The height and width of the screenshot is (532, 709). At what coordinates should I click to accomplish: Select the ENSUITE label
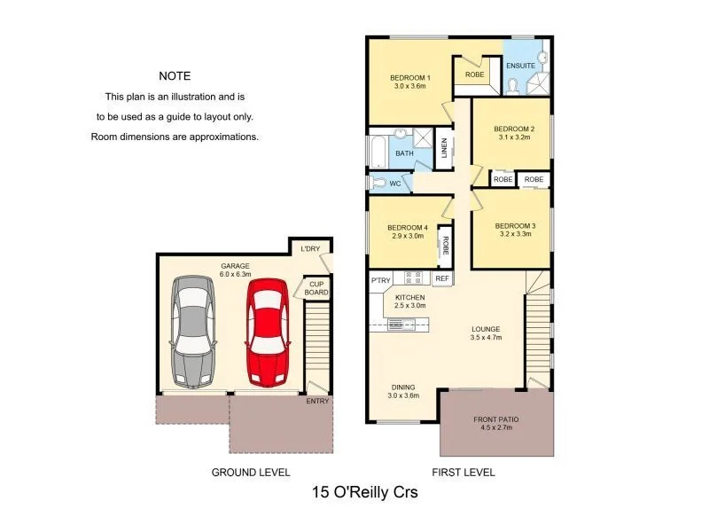point(519,65)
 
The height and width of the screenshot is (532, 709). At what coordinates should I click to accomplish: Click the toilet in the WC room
point(379,184)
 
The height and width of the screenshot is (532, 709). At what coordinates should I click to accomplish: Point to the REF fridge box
point(442,278)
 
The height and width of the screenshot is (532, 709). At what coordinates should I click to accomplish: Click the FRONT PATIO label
point(495,420)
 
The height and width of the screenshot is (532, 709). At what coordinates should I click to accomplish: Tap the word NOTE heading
point(175,76)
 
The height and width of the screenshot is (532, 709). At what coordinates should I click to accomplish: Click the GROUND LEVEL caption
point(251,472)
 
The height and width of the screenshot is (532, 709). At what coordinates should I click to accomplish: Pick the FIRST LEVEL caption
point(463,472)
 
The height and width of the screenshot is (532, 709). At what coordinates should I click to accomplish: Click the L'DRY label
point(310,248)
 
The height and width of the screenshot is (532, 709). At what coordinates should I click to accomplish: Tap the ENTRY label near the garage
point(317,401)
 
